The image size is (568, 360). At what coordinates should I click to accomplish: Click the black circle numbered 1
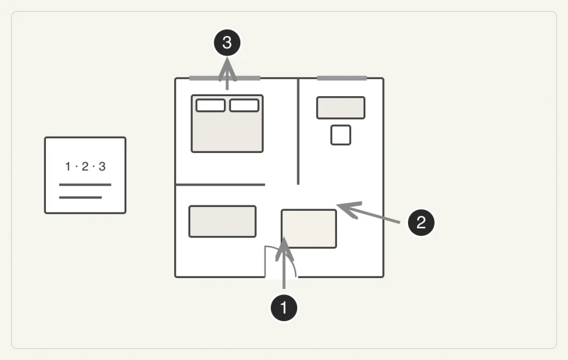pyautogui.click(x=284, y=308)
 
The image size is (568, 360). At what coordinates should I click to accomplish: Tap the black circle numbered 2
pyautogui.click(x=421, y=222)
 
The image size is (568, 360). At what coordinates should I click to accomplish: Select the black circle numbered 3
pyautogui.click(x=227, y=43)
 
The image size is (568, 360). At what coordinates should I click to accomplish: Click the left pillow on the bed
pyautogui.click(x=210, y=105)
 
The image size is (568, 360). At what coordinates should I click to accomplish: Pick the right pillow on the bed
pyautogui.click(x=244, y=105)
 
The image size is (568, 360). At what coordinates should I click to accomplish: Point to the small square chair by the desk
pyautogui.click(x=341, y=135)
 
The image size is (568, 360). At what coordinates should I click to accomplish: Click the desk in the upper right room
pyautogui.click(x=341, y=108)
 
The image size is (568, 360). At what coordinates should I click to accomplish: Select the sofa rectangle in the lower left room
pyautogui.click(x=222, y=222)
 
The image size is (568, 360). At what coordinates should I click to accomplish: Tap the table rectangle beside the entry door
pyautogui.click(x=309, y=229)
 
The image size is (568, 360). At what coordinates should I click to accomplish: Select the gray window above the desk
pyautogui.click(x=342, y=78)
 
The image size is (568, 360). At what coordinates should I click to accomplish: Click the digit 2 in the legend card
pyautogui.click(x=85, y=167)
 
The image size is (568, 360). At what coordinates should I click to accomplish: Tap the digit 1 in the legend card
pyautogui.click(x=68, y=167)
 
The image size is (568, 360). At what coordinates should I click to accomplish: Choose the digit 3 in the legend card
pyautogui.click(x=102, y=167)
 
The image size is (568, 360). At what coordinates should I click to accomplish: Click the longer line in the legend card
pyautogui.click(x=85, y=185)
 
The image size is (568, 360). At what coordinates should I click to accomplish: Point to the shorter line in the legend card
pyautogui.click(x=80, y=197)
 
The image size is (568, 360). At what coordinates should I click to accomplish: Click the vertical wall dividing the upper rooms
pyautogui.click(x=298, y=132)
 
